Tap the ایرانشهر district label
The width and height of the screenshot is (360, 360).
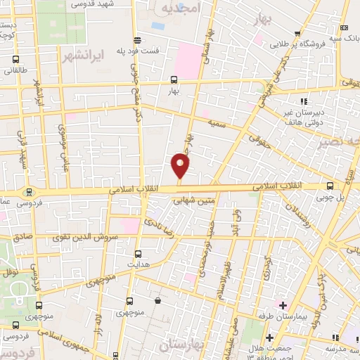(x=82, y=53)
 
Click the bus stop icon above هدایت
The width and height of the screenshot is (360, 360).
(x=138, y=254)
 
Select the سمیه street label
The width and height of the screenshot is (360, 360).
(x=216, y=122)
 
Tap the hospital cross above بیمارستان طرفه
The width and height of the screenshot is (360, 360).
(x=282, y=305)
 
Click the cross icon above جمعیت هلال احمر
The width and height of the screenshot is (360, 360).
(x=268, y=338)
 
